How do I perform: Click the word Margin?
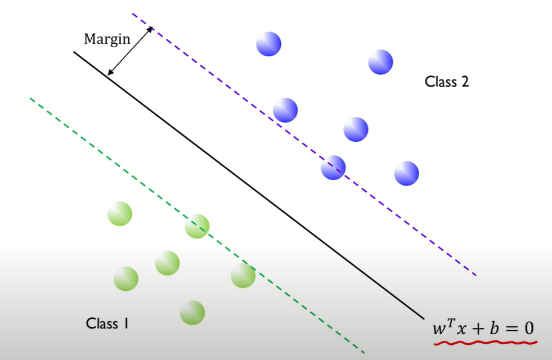click(x=107, y=39)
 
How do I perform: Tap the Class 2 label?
click(x=447, y=82)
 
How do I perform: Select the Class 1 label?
click(x=107, y=323)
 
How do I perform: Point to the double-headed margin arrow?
click(x=131, y=51)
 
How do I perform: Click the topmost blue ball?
click(x=268, y=44)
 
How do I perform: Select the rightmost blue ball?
click(x=406, y=173)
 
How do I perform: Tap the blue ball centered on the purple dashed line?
click(x=333, y=167)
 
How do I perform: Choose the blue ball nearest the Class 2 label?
click(x=380, y=62)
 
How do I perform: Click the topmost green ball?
click(x=120, y=214)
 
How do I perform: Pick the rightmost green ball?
click(x=243, y=276)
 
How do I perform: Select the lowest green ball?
click(x=192, y=313)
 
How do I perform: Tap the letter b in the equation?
click(x=495, y=326)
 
